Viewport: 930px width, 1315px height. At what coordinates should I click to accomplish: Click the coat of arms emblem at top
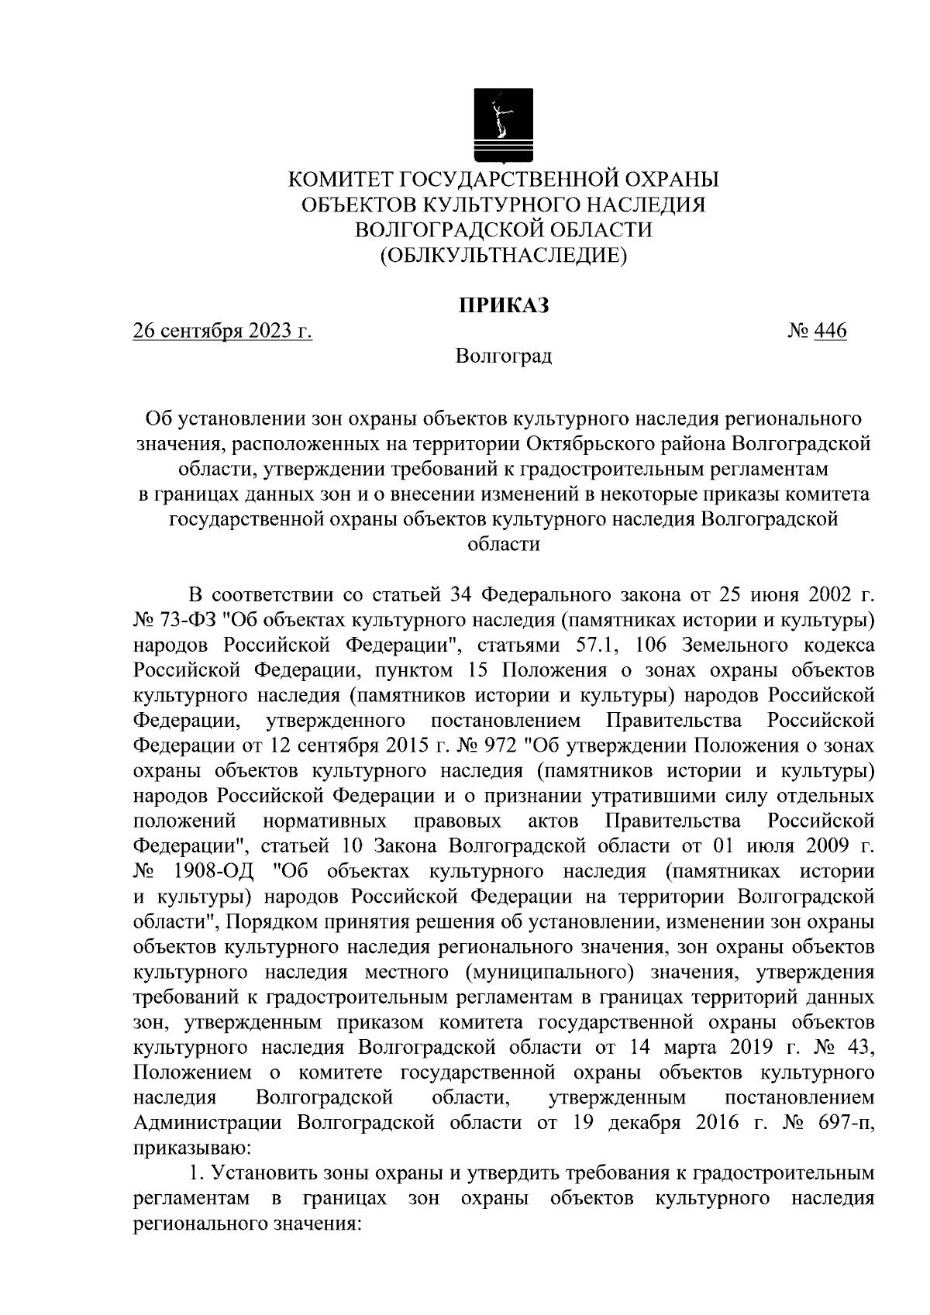pos(503,125)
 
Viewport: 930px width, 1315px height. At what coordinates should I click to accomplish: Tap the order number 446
pos(831,332)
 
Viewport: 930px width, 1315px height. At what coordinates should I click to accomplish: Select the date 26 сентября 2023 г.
pos(222,332)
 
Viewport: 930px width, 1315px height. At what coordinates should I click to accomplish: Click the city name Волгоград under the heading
pos(504,356)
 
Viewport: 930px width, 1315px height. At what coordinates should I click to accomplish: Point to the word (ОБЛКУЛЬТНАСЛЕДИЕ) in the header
pos(503,256)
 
